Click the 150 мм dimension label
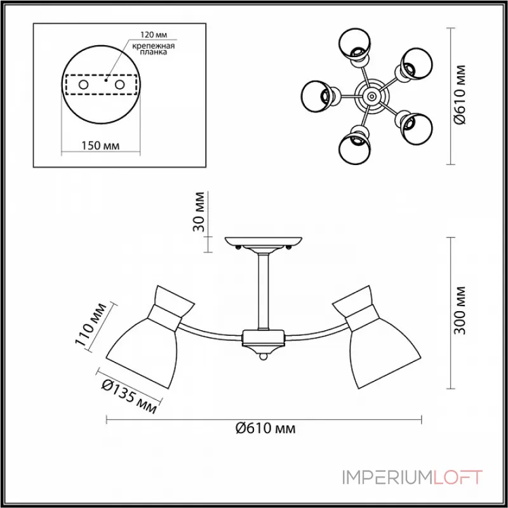coord(100,146)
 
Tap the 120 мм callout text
coord(153,35)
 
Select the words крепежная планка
coord(153,49)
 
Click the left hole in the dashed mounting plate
coord(83,85)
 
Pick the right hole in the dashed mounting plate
coord(119,85)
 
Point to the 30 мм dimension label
coord(199,212)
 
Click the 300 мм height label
coord(459,311)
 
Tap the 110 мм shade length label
coord(91,324)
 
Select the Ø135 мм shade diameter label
coord(130,396)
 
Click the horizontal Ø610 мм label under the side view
coord(265,429)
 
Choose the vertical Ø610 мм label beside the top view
coord(459,94)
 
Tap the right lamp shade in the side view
coord(377,337)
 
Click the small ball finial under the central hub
coord(264,357)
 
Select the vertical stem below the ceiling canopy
coord(264,291)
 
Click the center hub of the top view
coord(371,96)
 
